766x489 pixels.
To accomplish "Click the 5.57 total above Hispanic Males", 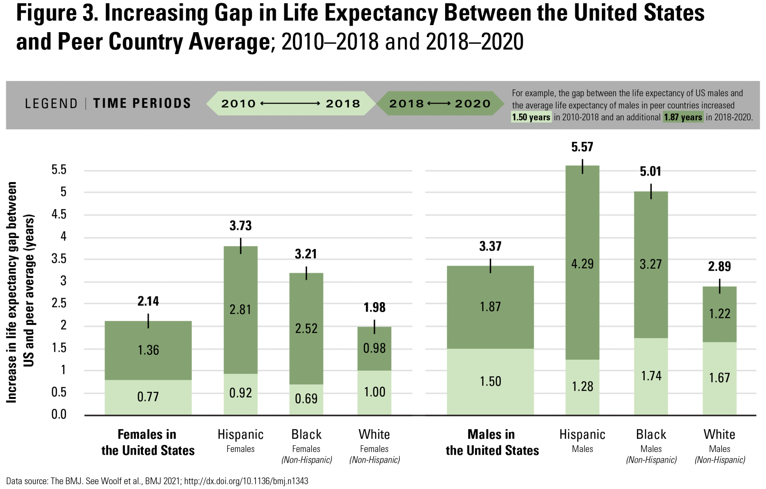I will point(582,147).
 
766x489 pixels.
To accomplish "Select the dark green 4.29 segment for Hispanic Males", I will point(582,264).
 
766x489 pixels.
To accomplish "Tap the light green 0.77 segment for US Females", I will point(148,397).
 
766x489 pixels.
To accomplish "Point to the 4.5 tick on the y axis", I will point(59,214).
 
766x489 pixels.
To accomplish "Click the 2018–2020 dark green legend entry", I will point(440,104).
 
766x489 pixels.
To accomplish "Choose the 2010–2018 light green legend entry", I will point(291,104).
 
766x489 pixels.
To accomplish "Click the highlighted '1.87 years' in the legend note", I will point(683,117).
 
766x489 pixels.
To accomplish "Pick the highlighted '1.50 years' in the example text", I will point(531,117).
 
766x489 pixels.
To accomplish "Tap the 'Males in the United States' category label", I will point(492,442).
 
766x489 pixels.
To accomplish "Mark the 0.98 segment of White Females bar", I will point(374,348).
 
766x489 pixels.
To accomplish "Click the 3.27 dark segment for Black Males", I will point(651,264).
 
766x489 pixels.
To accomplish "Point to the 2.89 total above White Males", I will point(719,266).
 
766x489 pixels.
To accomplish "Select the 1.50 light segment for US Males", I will point(490,381).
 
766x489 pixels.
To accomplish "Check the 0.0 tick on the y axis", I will point(59,414).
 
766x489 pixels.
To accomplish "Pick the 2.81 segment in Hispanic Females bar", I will point(240,310).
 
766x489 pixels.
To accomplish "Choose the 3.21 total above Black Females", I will point(306,254).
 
